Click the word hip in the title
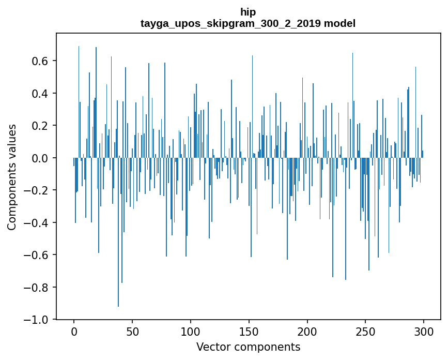[x=248, y=12]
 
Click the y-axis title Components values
[x=12, y=177]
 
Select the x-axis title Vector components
[x=248, y=347]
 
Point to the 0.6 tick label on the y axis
[x=40, y=61]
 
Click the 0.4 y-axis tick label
[x=40, y=94]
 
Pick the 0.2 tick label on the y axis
[x=40, y=126]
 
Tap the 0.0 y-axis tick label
[x=40, y=158]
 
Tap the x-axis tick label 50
[x=132, y=332]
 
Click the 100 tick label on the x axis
[x=191, y=332]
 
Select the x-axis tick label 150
[x=249, y=332]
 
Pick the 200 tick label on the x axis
[x=307, y=332]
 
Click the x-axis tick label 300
[x=424, y=332]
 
